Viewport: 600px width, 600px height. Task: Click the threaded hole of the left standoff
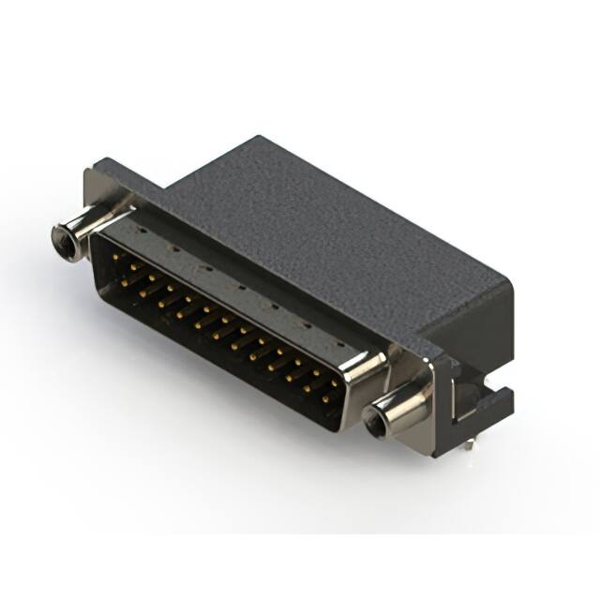63,242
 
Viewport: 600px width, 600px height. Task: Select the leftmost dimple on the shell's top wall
139,228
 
